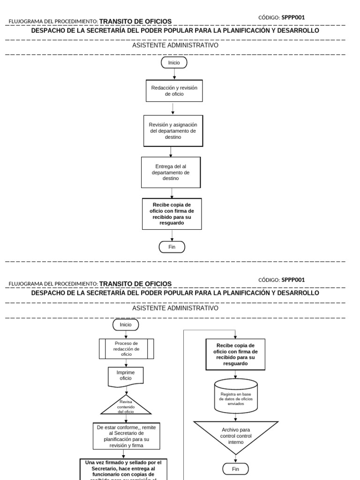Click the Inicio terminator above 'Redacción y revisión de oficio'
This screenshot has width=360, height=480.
click(x=174, y=62)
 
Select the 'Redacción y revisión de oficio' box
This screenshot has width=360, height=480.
click(x=174, y=90)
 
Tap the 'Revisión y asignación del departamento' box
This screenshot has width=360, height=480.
click(x=173, y=131)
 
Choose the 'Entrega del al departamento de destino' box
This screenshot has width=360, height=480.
click(x=171, y=172)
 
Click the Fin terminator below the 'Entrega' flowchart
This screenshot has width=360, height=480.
click(x=172, y=247)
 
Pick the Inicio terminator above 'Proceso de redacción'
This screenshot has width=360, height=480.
click(x=126, y=324)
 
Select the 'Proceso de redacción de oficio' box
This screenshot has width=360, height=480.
click(x=127, y=348)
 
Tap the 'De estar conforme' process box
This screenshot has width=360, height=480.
click(x=126, y=436)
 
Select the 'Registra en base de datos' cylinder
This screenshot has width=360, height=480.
click(x=235, y=396)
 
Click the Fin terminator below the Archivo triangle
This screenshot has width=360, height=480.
click(x=235, y=468)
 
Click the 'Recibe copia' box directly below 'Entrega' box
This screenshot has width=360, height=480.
click(x=172, y=214)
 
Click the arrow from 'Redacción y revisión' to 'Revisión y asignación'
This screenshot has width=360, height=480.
click(x=173, y=108)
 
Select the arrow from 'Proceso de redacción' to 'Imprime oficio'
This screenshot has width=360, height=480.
click(x=126, y=362)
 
